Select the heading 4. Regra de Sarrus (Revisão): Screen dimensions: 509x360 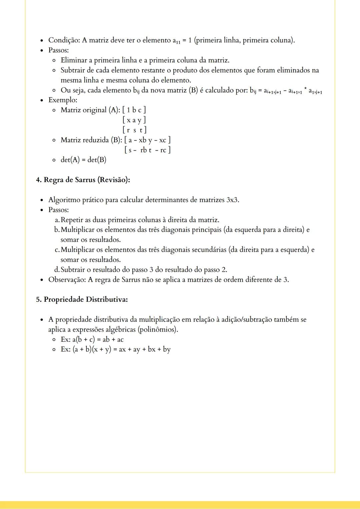click(83, 180)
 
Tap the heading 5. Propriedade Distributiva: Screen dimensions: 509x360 click(82, 299)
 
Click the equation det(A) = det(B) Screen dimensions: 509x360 click(83, 160)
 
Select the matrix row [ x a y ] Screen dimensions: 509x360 click(134, 120)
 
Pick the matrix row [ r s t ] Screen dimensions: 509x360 click(134, 130)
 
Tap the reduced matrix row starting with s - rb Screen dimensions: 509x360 click(147, 150)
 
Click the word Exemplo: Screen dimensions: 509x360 click(63, 100)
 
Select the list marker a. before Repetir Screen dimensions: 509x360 click(57, 220)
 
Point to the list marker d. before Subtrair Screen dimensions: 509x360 click(57, 270)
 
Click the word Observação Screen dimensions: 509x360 click(67, 280)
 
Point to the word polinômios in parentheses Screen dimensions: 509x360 click(159, 330)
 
